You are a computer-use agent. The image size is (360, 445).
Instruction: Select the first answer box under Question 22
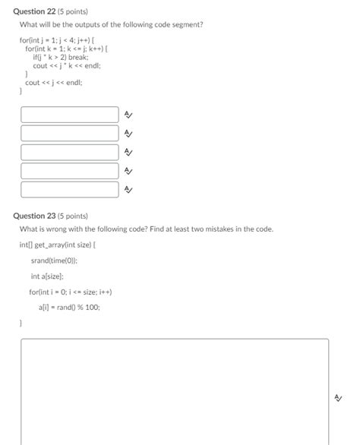coord(70,115)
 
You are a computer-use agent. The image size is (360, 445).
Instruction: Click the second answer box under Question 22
coord(70,133)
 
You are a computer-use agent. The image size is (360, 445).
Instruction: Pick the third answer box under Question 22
coord(70,152)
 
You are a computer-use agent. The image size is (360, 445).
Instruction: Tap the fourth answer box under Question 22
coord(70,171)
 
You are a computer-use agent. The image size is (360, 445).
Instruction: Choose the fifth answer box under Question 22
coord(70,189)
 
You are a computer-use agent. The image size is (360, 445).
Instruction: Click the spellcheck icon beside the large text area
coord(338,396)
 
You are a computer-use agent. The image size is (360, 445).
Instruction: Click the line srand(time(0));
coord(54,260)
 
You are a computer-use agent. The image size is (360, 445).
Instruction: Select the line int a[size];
coord(47,276)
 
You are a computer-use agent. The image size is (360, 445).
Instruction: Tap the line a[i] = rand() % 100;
coord(69,308)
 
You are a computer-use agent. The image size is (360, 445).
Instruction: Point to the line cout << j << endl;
coord(53,82)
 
